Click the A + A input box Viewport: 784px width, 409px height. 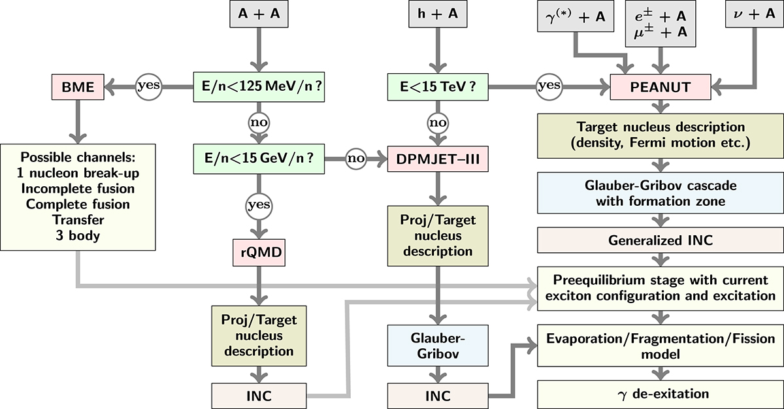click(260, 14)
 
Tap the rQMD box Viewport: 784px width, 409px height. click(260, 252)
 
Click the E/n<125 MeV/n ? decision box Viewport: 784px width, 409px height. click(260, 84)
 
